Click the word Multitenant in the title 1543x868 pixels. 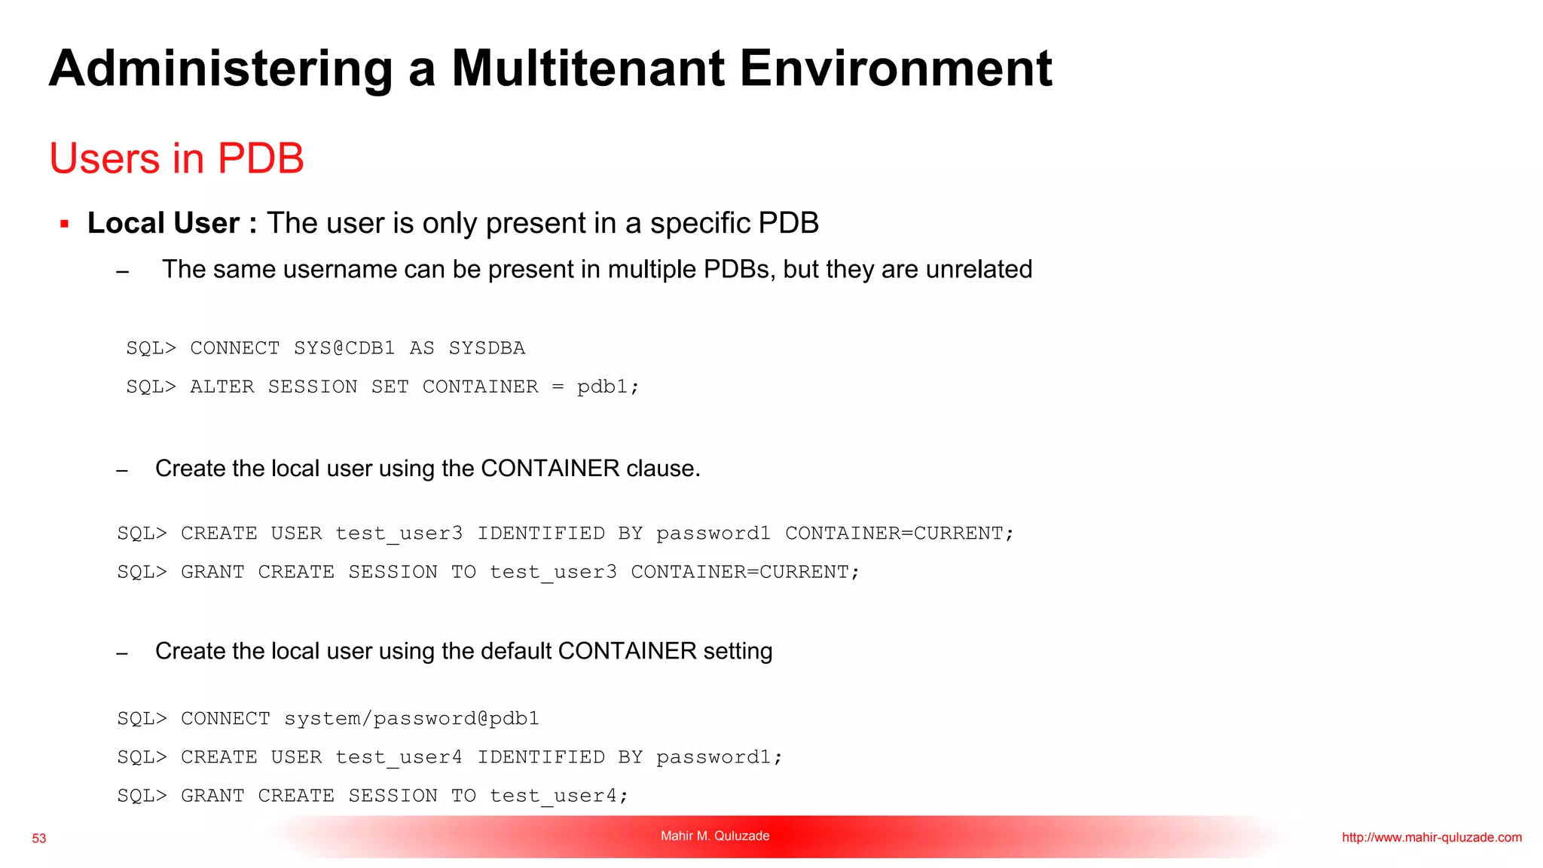[x=588, y=69]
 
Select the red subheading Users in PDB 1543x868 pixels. [x=176, y=158]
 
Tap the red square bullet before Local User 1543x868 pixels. [x=65, y=224]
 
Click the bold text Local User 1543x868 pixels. [x=163, y=223]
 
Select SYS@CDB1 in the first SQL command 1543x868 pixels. [x=344, y=348]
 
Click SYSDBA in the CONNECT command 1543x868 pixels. [x=487, y=348]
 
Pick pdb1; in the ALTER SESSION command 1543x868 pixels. [x=608, y=387]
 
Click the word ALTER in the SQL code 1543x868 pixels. [x=222, y=387]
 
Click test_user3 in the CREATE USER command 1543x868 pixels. [x=399, y=533]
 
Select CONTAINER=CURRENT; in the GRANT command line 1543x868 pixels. [x=744, y=572]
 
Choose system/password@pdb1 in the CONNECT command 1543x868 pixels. [x=411, y=719]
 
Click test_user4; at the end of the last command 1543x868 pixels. [x=558, y=796]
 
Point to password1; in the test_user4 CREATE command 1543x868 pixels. [x=719, y=757]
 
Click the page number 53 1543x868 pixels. [x=39, y=839]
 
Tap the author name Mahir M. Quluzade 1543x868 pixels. [x=715, y=836]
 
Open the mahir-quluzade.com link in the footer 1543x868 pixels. [x=1431, y=837]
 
